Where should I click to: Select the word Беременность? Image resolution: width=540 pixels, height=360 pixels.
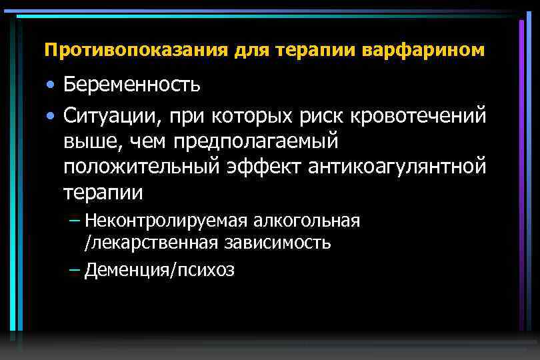point(132,85)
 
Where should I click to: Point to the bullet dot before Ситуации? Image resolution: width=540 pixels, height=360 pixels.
point(51,117)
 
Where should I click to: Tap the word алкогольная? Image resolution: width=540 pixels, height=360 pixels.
point(306,221)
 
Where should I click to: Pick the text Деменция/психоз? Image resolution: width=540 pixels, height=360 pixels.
point(159,270)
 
